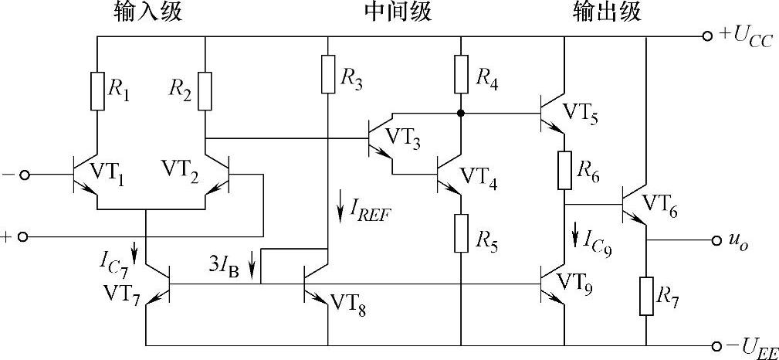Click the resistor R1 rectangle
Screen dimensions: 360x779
click(x=98, y=90)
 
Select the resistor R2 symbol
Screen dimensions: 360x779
click(x=205, y=90)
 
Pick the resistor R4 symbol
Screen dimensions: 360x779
click(x=461, y=74)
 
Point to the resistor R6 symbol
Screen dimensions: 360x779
click(x=564, y=170)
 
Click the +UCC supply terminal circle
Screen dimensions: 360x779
click(x=708, y=36)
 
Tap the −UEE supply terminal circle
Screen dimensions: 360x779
click(x=708, y=345)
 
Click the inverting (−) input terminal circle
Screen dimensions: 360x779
click(x=24, y=175)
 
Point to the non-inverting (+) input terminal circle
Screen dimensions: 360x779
click(x=24, y=236)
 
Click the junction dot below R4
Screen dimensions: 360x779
click(x=461, y=114)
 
